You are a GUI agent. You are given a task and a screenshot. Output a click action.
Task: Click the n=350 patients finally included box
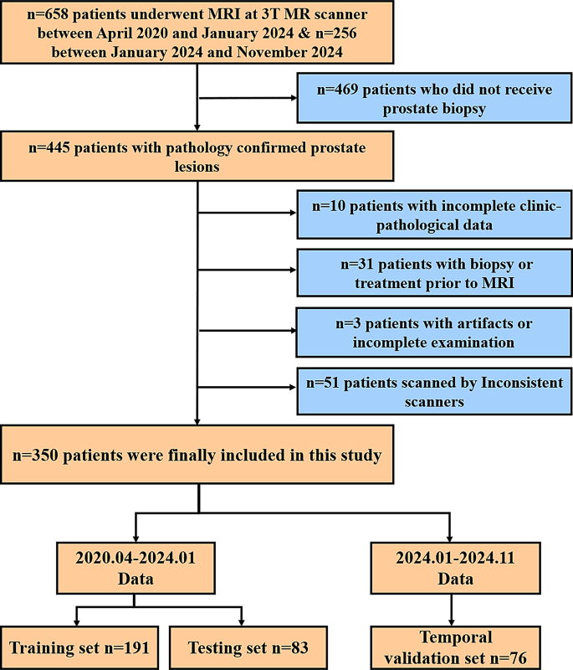197,456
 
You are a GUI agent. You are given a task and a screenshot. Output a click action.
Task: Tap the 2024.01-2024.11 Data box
452,568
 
